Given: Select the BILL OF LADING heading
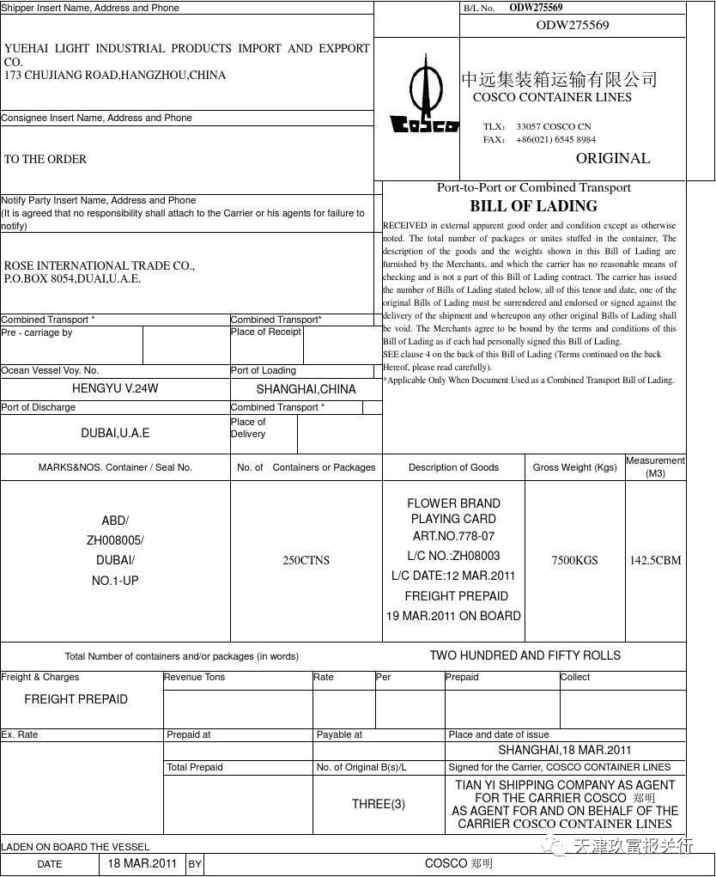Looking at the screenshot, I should [x=533, y=206].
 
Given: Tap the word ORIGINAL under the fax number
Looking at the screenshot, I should [x=612, y=158].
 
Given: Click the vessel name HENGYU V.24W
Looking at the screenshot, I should [x=115, y=388].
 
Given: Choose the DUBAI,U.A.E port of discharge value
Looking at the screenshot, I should [x=115, y=433].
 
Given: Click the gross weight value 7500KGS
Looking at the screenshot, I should [x=574, y=560].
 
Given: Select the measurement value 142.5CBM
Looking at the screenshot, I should [x=655, y=560].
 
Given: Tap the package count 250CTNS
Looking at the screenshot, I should [x=306, y=560].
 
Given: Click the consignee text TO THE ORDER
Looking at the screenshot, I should [x=46, y=159].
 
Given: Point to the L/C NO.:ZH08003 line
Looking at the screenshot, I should [x=453, y=556].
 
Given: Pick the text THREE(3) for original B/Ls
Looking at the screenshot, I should [x=378, y=804].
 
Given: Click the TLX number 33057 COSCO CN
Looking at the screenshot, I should [x=553, y=126].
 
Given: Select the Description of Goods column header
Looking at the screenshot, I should [x=453, y=467].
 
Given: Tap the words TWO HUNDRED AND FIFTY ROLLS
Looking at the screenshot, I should [x=525, y=655].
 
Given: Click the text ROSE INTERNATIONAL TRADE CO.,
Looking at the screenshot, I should [x=100, y=265].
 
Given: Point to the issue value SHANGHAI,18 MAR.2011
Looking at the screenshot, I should [x=564, y=750].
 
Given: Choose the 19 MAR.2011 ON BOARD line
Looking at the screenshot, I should [x=453, y=616].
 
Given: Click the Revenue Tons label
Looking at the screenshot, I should [x=195, y=677].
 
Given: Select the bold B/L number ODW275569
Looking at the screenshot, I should [x=536, y=8].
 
